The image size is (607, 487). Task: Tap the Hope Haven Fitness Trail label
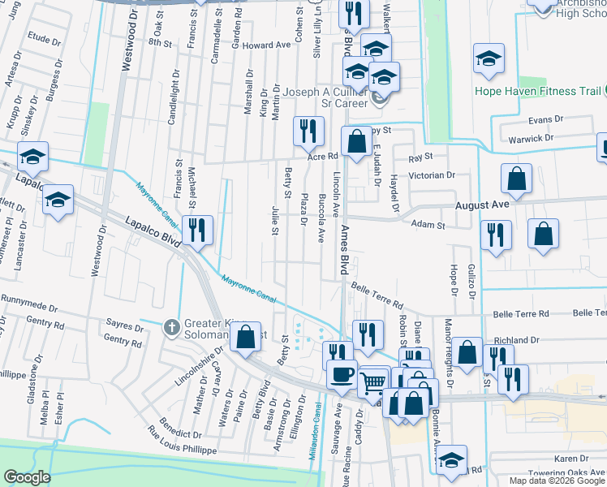tap(538, 91)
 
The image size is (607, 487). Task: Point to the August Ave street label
tap(482, 205)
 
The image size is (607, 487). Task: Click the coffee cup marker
tap(341, 375)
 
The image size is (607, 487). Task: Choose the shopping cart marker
tap(373, 381)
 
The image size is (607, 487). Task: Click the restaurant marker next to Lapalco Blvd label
tap(197, 230)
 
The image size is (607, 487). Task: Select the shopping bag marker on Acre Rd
tap(355, 142)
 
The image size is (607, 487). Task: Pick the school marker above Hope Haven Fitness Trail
tap(489, 59)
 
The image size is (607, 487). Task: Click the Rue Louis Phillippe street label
tap(183, 439)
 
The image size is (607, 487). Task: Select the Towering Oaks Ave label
tap(558, 472)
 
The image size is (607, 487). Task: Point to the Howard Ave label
tap(265, 45)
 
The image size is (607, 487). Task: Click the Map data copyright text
tap(557, 481)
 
